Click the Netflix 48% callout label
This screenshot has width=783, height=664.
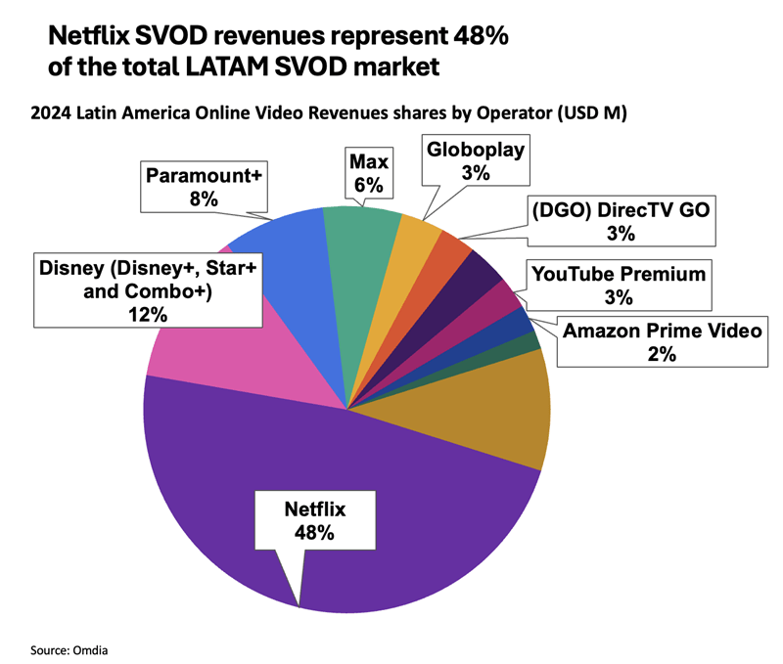[x=314, y=520]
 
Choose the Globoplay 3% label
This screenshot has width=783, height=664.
[x=476, y=160]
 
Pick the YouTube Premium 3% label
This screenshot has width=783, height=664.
[x=618, y=285]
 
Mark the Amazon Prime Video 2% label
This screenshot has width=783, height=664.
[x=662, y=341]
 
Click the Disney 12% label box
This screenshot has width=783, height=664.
[x=147, y=290]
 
